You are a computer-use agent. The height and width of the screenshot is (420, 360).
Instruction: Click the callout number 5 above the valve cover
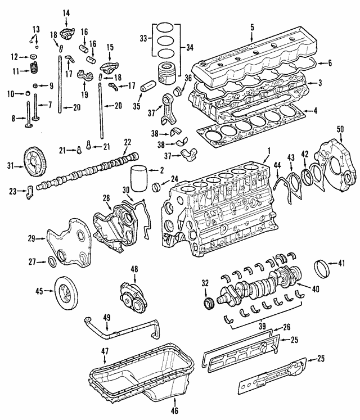pos(252,27)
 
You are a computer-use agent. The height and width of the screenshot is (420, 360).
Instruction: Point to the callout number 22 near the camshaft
pos(128,142)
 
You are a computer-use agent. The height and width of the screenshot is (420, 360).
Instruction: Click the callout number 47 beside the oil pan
pos(105,351)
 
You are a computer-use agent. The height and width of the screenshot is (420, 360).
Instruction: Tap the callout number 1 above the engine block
pos(269,150)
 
